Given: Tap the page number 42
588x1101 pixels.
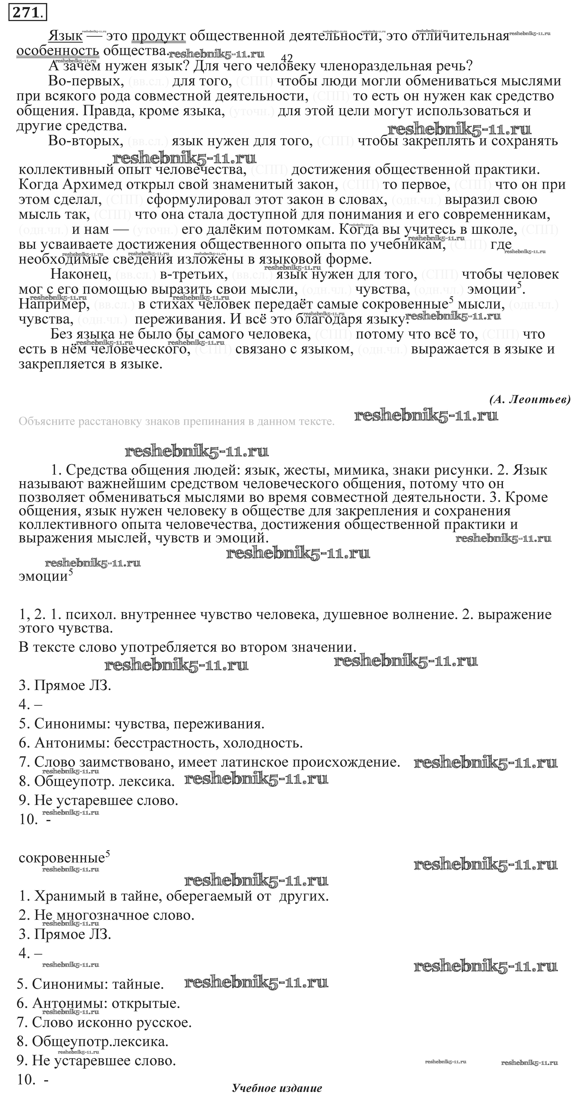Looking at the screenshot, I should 287,58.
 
